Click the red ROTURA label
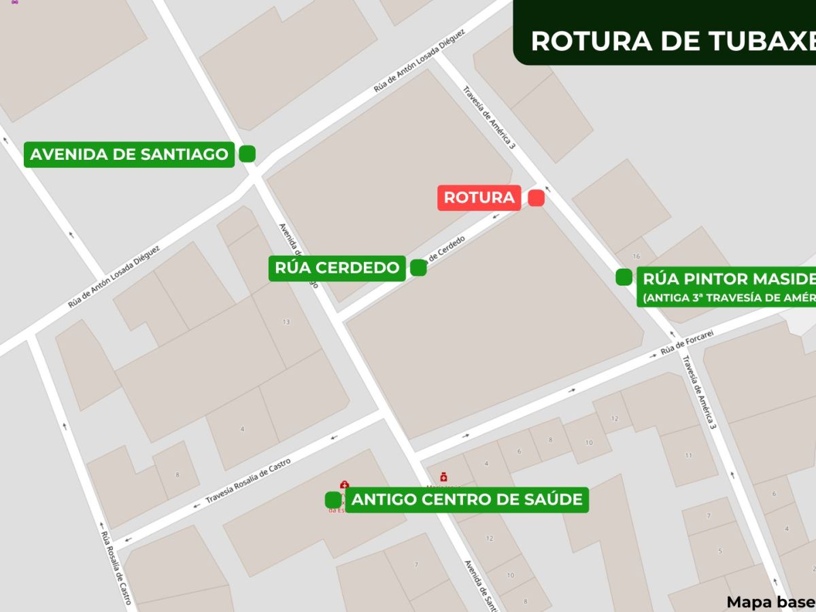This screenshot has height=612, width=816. pyautogui.click(x=479, y=198)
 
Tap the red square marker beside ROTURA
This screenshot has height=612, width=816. pyautogui.click(x=536, y=198)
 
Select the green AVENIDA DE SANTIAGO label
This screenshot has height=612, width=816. pyautogui.click(x=129, y=154)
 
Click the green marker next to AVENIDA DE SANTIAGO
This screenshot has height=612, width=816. pyautogui.click(x=247, y=154)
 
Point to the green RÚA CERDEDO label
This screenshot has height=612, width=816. pyautogui.click(x=337, y=268)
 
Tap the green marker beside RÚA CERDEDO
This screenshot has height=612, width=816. pyautogui.click(x=418, y=268)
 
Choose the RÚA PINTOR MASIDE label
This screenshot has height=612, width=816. pyautogui.click(x=728, y=279)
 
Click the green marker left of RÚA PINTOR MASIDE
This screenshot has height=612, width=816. pyautogui.click(x=624, y=277)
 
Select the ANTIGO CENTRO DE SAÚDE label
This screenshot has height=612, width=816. pyautogui.click(x=467, y=500)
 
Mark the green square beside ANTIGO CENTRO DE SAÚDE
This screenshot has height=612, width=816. pyautogui.click(x=333, y=500)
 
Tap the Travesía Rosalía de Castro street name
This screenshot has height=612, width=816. pyautogui.click(x=248, y=483)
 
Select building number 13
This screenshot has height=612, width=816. pyautogui.click(x=286, y=322)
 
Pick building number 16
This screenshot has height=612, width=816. pyautogui.click(x=636, y=256)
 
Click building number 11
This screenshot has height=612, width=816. pyautogui.click(x=688, y=455)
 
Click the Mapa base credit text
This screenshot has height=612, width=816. pyautogui.click(x=770, y=602)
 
